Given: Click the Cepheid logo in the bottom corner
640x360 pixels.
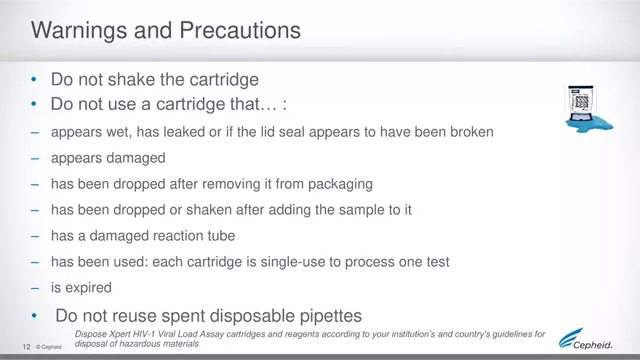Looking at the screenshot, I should coord(585,339).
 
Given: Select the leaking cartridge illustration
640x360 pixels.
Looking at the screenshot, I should coord(588,109).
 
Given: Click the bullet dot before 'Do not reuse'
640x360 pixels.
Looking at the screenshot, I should coord(35,316).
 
